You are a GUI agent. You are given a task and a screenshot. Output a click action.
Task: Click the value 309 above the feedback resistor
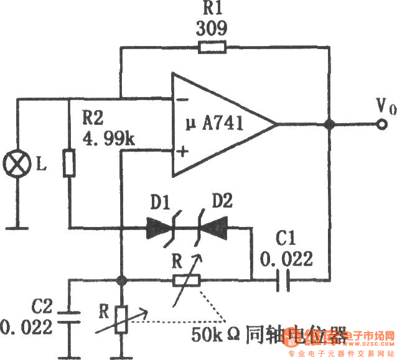tap(212, 29)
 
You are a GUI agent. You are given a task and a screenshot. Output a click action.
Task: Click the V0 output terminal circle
tap(380, 125)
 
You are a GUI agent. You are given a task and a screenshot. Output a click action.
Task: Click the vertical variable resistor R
tap(123, 321)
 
